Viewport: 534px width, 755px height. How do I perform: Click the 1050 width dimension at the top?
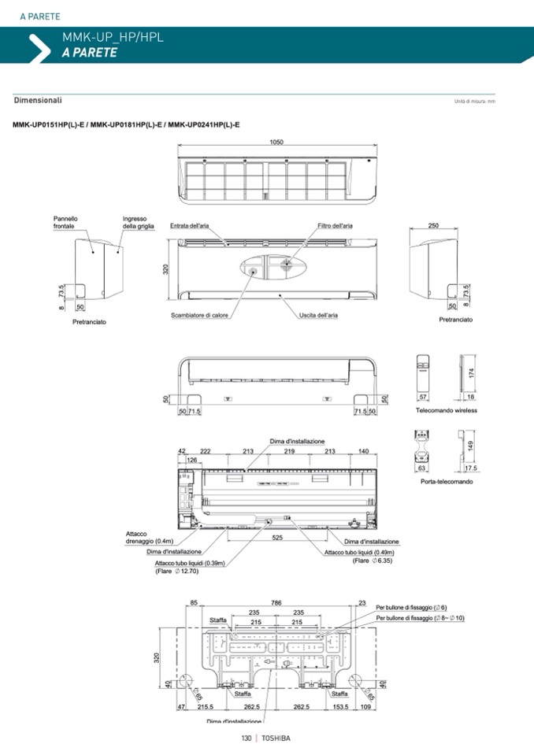click(x=276, y=142)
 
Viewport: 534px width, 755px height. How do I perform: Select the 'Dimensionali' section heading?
click(x=38, y=101)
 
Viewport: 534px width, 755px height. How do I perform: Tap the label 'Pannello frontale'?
click(x=65, y=222)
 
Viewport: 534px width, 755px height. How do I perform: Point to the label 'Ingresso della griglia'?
click(x=138, y=222)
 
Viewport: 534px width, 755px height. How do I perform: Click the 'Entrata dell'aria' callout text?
click(x=190, y=226)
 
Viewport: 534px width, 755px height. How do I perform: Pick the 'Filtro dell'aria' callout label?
click(x=335, y=226)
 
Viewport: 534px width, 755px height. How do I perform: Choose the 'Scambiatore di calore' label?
click(x=199, y=316)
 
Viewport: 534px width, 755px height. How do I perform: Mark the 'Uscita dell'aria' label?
click(x=318, y=315)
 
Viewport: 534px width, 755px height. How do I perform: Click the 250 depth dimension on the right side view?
click(x=433, y=225)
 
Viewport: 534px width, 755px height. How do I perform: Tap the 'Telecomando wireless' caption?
click(x=447, y=410)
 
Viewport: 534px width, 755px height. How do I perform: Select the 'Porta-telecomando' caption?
click(x=447, y=481)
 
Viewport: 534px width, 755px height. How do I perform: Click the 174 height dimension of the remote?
click(x=472, y=372)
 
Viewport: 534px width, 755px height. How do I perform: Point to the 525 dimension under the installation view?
click(x=278, y=538)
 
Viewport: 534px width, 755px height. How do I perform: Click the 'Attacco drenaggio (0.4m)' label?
click(x=149, y=538)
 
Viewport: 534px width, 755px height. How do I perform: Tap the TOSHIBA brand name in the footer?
click(x=276, y=738)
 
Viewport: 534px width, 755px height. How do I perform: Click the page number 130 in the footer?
click(x=246, y=738)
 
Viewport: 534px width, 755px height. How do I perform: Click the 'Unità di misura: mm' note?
click(x=474, y=102)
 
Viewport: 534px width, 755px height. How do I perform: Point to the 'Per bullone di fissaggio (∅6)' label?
click(x=411, y=607)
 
